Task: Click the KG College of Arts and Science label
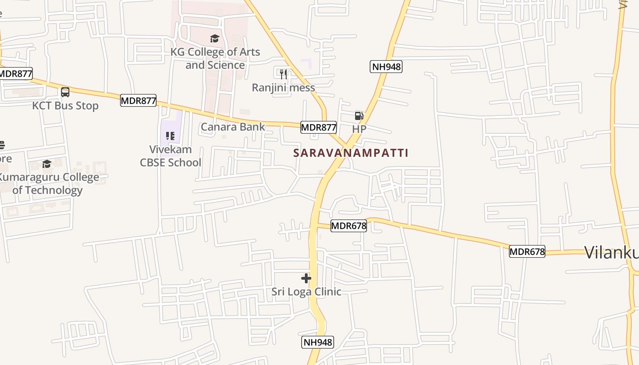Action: pos(215,58)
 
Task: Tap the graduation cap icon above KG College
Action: pos(215,38)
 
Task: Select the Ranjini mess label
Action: pos(283,88)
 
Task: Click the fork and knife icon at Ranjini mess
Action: pos(283,73)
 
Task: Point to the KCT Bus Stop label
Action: pos(65,106)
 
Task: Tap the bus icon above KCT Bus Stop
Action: pos(65,92)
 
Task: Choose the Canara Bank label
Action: pos(233,127)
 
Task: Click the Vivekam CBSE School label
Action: pos(171,156)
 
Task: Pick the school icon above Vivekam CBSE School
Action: pos(170,136)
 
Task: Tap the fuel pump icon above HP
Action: pos(359,116)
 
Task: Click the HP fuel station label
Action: pos(359,129)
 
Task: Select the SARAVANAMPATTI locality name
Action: pos(351,153)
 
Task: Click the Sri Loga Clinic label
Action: pos(306,292)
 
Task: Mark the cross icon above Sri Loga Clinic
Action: pos(306,278)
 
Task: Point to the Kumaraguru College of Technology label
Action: pos(48,183)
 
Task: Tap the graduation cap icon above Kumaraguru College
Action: pos(47,164)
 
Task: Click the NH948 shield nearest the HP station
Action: pos(386,67)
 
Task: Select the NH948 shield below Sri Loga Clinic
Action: pos(318,342)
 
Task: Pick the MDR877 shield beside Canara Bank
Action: pos(319,127)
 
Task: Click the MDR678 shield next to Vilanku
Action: pos(527,251)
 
